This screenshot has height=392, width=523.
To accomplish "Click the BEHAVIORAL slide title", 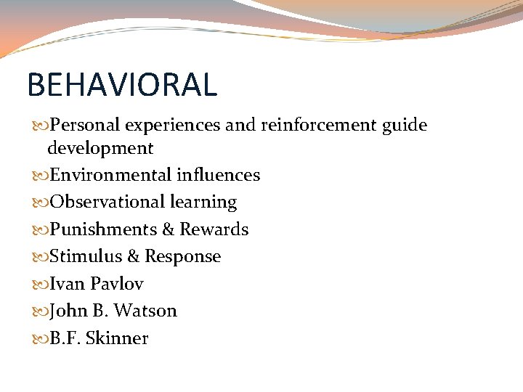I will (122, 84).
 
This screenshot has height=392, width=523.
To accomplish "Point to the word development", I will (100, 149).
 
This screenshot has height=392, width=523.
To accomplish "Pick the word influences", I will (219, 175).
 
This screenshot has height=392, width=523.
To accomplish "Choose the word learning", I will (203, 203).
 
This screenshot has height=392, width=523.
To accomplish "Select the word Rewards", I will (214, 229).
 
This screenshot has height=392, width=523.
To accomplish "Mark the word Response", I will (183, 257).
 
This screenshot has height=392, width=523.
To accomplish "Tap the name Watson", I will (145, 311).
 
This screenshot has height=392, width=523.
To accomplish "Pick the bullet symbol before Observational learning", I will (40, 203).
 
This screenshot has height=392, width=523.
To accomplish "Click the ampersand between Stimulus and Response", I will (133, 256).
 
